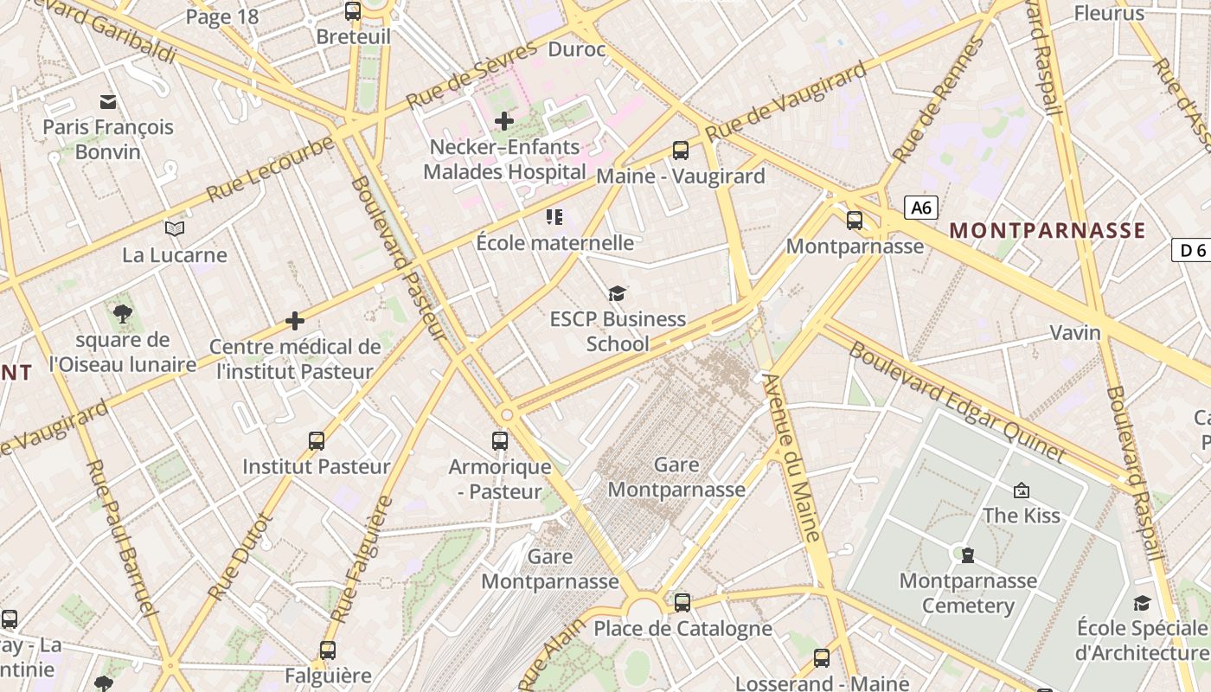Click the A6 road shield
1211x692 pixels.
(x=921, y=208)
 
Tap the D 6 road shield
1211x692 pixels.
(x=1192, y=250)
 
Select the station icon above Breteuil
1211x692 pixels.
(x=353, y=11)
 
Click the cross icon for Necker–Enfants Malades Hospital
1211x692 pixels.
(x=504, y=121)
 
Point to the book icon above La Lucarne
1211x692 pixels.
(x=175, y=228)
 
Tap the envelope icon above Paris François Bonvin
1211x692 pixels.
(x=108, y=102)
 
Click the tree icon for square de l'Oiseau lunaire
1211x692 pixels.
(x=122, y=314)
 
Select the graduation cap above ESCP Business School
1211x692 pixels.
(x=617, y=294)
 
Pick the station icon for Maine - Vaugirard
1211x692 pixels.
(x=681, y=151)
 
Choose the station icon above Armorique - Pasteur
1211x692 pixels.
(x=500, y=441)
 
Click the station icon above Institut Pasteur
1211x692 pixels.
(x=317, y=441)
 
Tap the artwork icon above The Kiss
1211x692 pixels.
(x=1022, y=490)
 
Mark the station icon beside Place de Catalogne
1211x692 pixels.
(x=682, y=602)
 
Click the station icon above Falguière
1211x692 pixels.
(x=327, y=650)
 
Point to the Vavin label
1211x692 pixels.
(x=1074, y=332)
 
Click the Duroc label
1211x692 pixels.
(x=577, y=49)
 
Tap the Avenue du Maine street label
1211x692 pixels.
(x=791, y=458)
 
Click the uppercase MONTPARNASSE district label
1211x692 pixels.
(x=1047, y=231)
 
